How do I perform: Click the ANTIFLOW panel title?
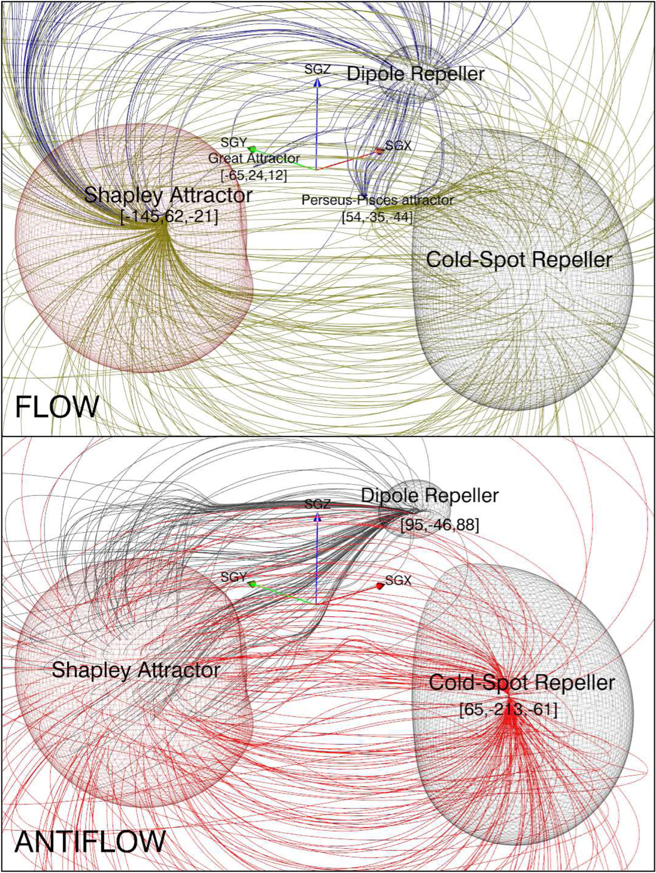pos(90,841)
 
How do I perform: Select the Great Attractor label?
pos(254,158)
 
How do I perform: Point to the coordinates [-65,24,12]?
pos(254,175)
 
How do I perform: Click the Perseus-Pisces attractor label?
pos(378,200)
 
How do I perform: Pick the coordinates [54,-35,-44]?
pos(378,217)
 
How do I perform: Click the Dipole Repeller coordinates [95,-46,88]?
pos(439,525)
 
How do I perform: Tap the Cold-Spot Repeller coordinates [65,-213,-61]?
pos(508,710)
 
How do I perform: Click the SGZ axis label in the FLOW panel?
pos(317,69)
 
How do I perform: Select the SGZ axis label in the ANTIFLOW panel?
pos(317,504)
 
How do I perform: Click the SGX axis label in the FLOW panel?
pos(398,145)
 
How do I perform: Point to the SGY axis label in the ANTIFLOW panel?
pos(234,577)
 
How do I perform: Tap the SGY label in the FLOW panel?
pos(234,142)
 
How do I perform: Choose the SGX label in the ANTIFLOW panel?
pos(398,580)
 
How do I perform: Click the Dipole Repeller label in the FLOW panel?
pos(415,74)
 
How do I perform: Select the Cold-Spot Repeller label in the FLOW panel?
pos(519,260)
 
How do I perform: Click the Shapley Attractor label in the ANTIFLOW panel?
pos(136,670)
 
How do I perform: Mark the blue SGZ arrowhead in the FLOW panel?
pos(317,82)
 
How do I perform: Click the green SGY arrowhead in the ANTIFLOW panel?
pos(252,583)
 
